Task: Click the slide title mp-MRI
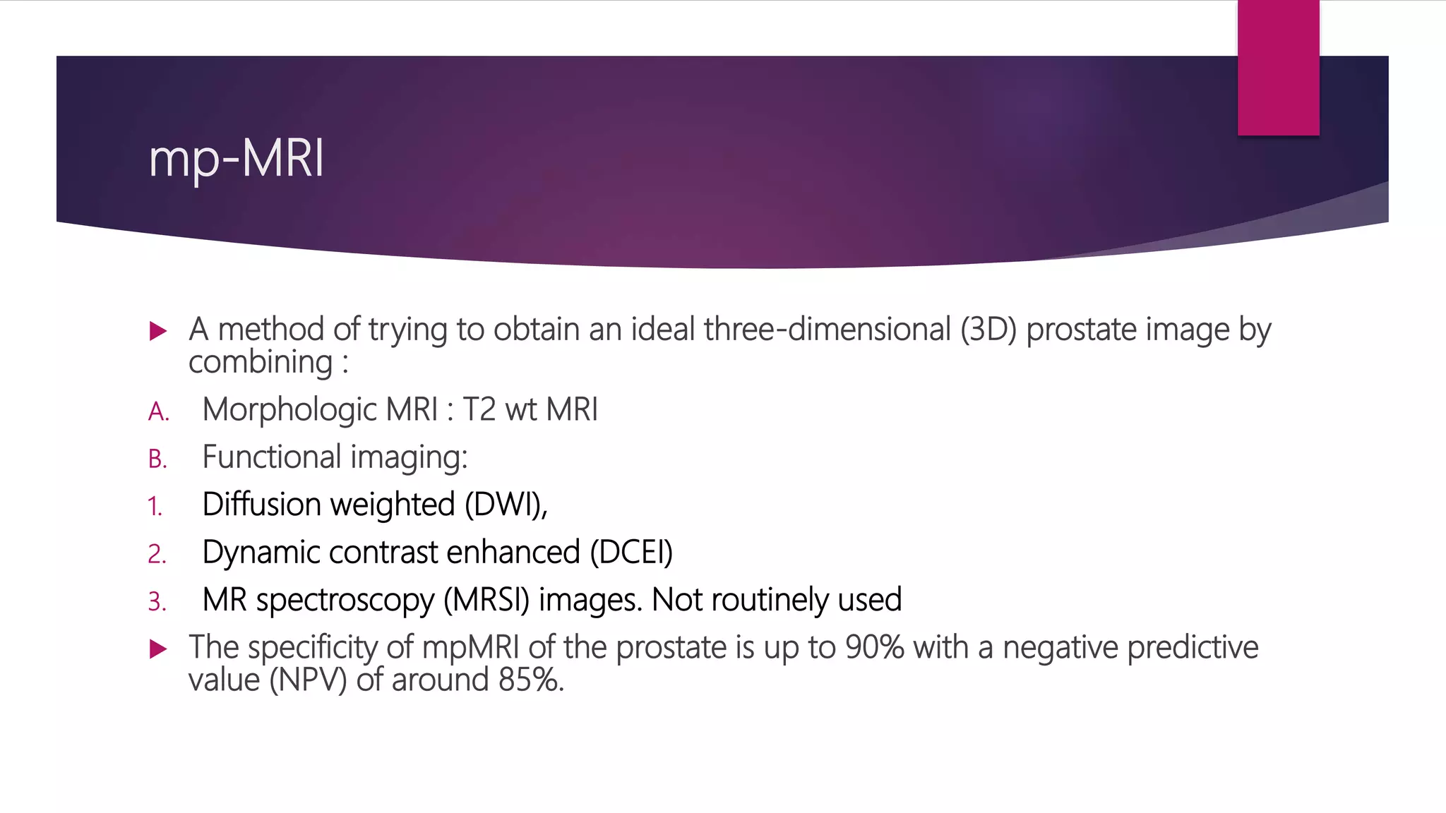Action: (237, 158)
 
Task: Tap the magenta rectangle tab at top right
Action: (1278, 67)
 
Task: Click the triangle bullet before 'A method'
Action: (158, 331)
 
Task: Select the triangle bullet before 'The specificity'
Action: (158, 649)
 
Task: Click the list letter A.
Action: (158, 412)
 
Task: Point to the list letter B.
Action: (157, 459)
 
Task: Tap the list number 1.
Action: (155, 507)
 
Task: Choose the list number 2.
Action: (157, 554)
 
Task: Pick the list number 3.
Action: (157, 601)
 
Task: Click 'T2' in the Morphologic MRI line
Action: (479, 410)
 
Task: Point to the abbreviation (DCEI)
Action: (631, 553)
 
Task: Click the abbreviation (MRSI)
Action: (486, 600)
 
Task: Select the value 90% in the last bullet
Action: (874, 648)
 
